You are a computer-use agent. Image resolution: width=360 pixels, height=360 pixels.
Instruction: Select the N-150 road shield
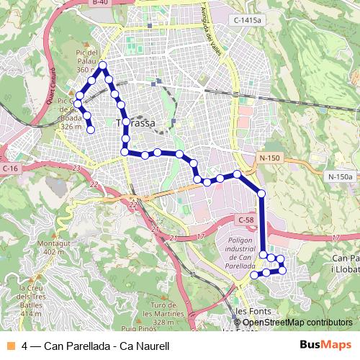click(270, 158)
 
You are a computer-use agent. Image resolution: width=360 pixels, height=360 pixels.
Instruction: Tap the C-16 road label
click(9, 168)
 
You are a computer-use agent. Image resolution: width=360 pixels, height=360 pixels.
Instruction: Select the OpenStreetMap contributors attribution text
click(295, 322)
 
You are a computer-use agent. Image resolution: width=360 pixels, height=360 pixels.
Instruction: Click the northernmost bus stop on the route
click(103, 66)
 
